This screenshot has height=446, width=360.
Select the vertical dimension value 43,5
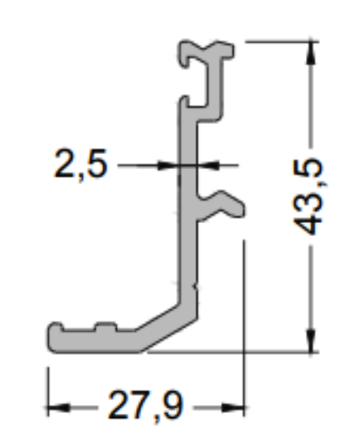(x=309, y=197)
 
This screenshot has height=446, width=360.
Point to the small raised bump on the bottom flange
(x=106, y=328)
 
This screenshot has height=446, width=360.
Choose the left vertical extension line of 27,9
(x=46, y=383)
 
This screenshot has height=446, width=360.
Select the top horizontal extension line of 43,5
(x=279, y=40)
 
